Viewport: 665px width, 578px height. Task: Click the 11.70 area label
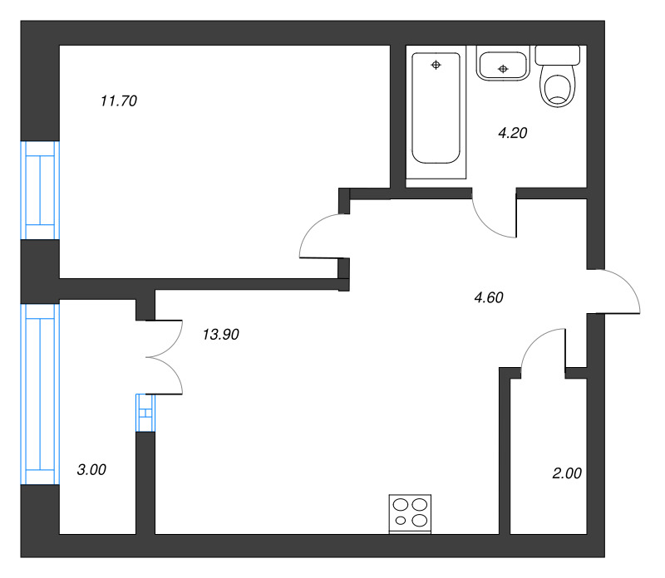point(119,100)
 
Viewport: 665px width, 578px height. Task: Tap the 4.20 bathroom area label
point(512,133)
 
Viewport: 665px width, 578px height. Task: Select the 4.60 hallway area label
point(489,297)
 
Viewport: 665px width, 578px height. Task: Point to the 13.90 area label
point(220,335)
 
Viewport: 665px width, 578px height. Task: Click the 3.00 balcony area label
point(91,469)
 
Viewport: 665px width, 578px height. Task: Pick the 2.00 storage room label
point(567,473)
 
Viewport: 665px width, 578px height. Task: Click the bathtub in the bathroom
point(436,108)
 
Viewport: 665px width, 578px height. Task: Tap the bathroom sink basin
point(503,64)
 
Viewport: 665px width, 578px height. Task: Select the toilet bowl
point(557,87)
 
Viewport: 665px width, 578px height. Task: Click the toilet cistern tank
point(557,55)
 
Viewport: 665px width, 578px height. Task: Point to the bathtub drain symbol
point(436,65)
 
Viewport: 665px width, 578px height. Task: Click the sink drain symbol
point(503,69)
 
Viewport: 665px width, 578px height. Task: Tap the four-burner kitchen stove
point(410,513)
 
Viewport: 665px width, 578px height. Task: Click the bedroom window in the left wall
point(40,190)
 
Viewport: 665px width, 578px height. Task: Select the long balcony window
point(40,394)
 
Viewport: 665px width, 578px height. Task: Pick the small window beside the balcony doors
point(145,413)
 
